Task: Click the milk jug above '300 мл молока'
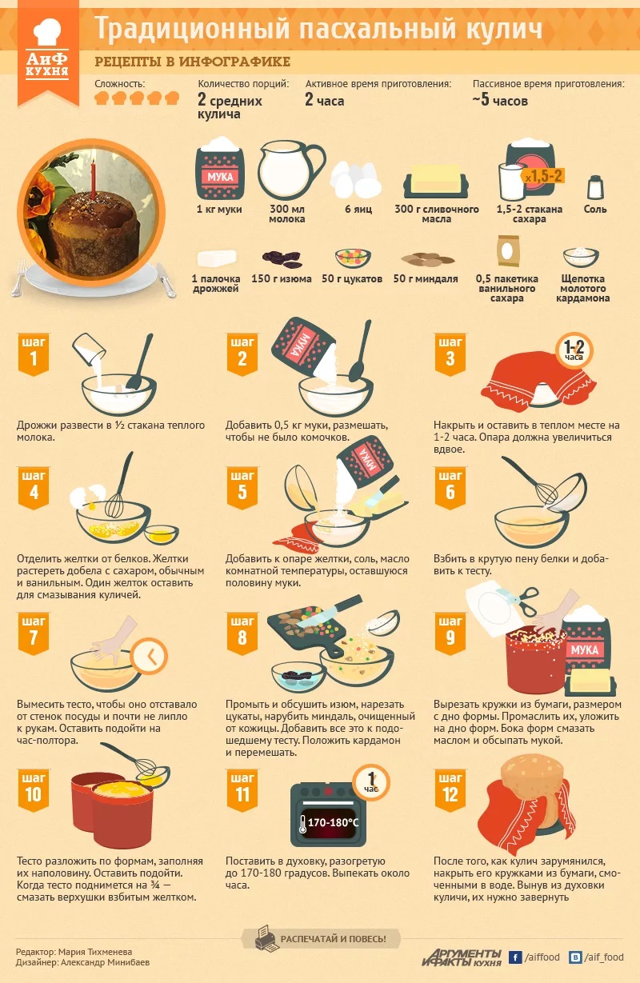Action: tap(290, 170)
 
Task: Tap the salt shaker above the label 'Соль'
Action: tap(595, 187)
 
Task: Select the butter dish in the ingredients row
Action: tap(436, 182)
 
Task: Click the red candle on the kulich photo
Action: tap(93, 179)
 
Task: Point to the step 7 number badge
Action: tap(34, 633)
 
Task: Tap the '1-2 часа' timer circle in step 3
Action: tap(574, 350)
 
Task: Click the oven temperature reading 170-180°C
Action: tap(333, 822)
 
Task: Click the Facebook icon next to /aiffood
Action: tap(515, 957)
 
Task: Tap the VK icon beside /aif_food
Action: tap(575, 957)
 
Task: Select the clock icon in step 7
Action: tap(150, 657)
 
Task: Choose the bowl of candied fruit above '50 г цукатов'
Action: tap(353, 258)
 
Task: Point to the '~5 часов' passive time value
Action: tap(500, 100)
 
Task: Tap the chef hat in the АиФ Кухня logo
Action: tap(47, 32)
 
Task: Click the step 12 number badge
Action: tap(450, 790)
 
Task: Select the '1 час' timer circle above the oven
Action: tap(371, 782)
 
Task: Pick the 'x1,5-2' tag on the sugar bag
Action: tap(543, 177)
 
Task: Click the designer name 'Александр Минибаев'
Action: tap(106, 962)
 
